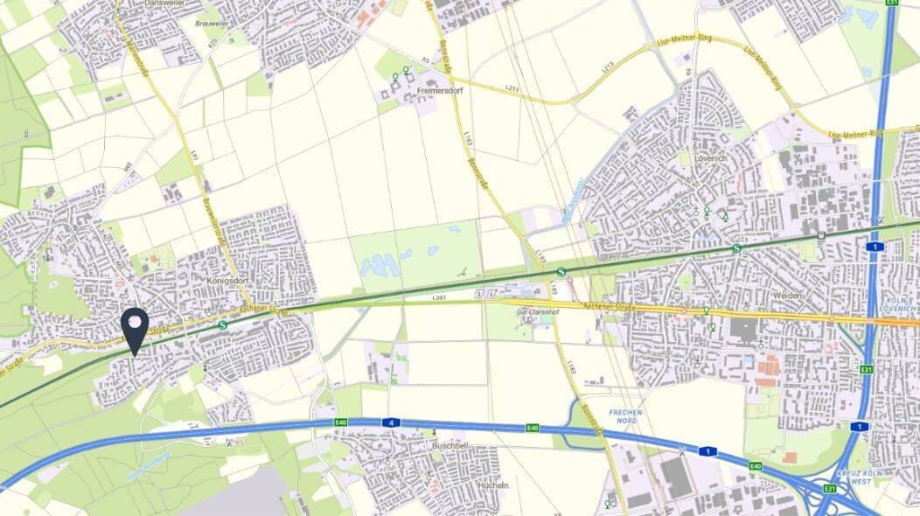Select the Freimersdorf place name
439,90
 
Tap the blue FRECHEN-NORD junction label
624,415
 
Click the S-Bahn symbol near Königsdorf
222,324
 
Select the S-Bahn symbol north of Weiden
737,248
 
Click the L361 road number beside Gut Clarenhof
439,299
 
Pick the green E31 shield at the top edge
891,3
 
